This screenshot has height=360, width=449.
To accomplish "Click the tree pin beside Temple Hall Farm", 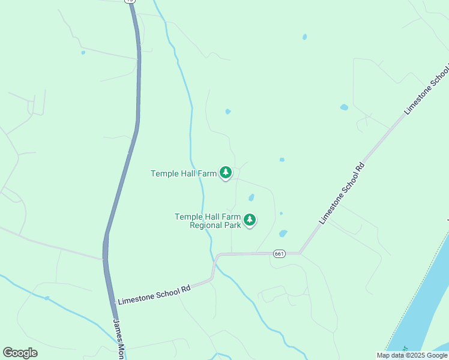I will (226, 173).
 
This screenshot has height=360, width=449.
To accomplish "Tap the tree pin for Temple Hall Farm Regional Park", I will (250, 221).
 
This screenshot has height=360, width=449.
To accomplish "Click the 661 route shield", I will (279, 254).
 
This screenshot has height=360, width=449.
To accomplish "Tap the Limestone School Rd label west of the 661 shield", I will (154, 295).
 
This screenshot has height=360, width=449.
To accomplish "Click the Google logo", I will (20, 353).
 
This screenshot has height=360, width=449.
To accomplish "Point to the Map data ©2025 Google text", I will (412, 355).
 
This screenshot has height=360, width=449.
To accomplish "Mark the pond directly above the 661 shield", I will (283, 233).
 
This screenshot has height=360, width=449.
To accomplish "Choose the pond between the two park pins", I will (251, 197).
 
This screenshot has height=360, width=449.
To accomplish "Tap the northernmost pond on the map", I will (305, 37).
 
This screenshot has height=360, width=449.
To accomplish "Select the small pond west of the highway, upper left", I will (83, 52).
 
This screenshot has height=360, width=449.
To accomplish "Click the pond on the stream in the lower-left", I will (46, 298).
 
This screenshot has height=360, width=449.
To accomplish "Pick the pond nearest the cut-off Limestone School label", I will (344, 107).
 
